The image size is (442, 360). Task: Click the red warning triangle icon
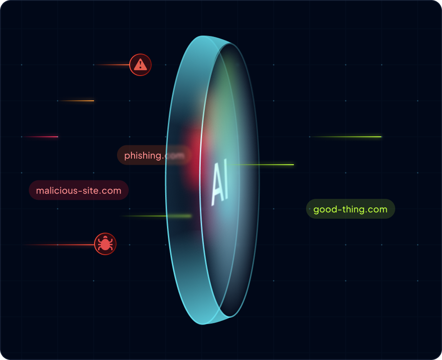pos(140,65)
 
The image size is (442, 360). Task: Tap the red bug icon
pos(105,244)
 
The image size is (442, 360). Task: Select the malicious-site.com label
pos(79,190)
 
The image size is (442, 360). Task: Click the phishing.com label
pos(153,155)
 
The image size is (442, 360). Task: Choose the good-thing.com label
pos(350,209)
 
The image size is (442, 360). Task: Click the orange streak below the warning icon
pos(79,101)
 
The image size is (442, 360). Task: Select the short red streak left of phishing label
pos(43,137)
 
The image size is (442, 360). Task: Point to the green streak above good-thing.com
pos(349,137)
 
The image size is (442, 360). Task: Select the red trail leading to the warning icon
pos(113,65)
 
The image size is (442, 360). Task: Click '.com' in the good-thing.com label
pos(377,209)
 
